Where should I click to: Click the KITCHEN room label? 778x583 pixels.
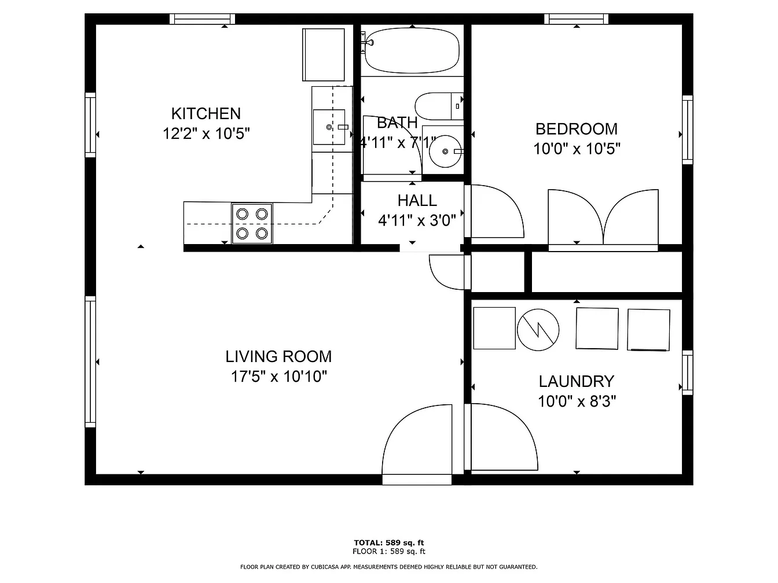(x=206, y=113)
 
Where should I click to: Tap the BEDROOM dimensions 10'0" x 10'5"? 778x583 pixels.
(x=577, y=149)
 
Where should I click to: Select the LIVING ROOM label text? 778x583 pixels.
(x=278, y=356)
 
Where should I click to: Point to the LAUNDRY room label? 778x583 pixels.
(x=577, y=382)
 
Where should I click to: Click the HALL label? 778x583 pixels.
(x=417, y=201)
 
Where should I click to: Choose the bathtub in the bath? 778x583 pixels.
(x=412, y=51)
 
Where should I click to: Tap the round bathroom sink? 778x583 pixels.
(x=445, y=151)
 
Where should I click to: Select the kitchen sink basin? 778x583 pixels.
(x=329, y=127)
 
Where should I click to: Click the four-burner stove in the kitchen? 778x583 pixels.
(x=252, y=224)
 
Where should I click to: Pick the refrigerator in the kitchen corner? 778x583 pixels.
(x=323, y=55)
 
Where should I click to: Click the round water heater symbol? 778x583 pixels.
(x=538, y=330)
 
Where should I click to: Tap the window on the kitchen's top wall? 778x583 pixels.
(x=203, y=19)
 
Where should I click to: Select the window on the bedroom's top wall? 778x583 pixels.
(x=577, y=19)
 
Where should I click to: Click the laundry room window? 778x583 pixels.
(x=688, y=372)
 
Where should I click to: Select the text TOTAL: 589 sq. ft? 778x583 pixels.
(x=389, y=543)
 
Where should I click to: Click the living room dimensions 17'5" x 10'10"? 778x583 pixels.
(x=278, y=377)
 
